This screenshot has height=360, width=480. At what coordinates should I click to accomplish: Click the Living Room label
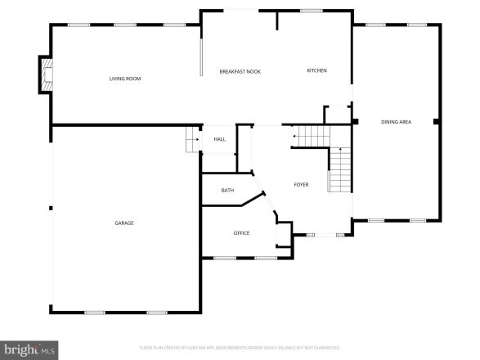(125, 79)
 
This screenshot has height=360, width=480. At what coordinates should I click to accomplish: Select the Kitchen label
(316, 70)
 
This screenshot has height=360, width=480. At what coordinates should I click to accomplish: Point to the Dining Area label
(396, 122)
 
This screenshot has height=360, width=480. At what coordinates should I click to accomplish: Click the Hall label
(219, 139)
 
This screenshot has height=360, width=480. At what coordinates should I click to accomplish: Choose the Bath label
(227, 191)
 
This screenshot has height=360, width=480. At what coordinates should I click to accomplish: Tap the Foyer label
(301, 184)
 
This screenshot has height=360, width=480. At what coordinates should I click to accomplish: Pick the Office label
(241, 233)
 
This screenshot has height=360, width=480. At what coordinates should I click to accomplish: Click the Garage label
(124, 223)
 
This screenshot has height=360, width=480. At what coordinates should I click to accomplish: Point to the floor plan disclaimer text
(240, 348)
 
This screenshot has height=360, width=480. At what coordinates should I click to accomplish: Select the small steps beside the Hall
(193, 140)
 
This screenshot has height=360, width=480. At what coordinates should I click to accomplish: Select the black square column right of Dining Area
(439, 122)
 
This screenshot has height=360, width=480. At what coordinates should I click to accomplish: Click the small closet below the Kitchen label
(337, 115)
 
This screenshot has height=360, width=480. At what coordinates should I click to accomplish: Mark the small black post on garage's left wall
(51, 208)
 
